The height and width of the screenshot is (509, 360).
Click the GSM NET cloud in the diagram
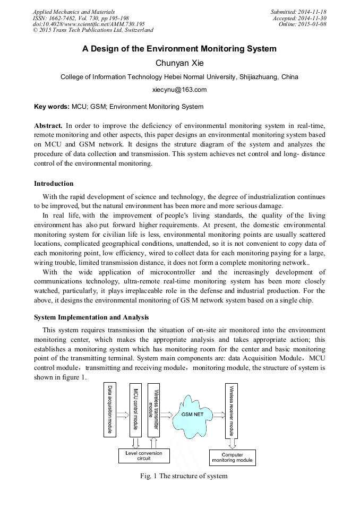pyautogui.click(x=190, y=414)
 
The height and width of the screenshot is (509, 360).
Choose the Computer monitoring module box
pyautogui.click(x=232, y=458)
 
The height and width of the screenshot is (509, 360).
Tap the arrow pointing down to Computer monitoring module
pyautogui.click(x=232, y=442)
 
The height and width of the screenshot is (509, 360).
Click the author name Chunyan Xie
pyautogui.click(x=179, y=63)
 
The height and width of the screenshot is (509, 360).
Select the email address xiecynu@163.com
pyautogui.click(x=179, y=90)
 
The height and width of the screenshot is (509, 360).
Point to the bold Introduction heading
pyautogui.click(x=54, y=184)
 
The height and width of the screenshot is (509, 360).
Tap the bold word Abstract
pyautogui.click(x=48, y=126)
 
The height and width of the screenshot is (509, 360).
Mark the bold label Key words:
pyautogui.click(x=52, y=107)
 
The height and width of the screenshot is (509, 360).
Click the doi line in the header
pyautogui.click(x=89, y=24)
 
